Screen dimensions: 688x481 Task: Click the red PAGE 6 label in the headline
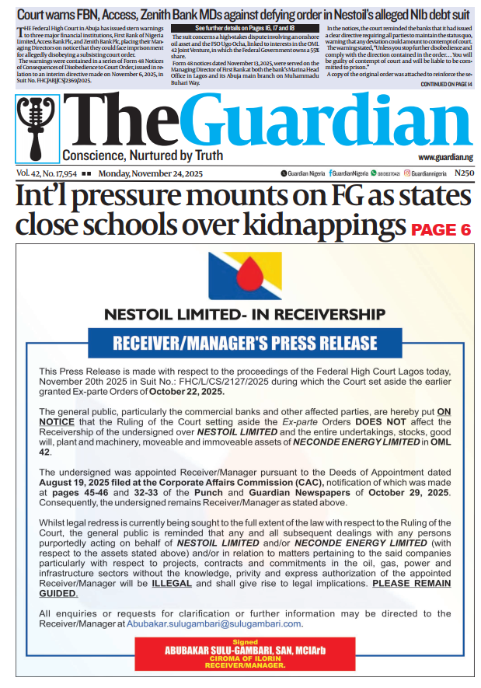coord(441,230)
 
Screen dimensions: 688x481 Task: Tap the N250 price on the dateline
coord(463,173)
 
